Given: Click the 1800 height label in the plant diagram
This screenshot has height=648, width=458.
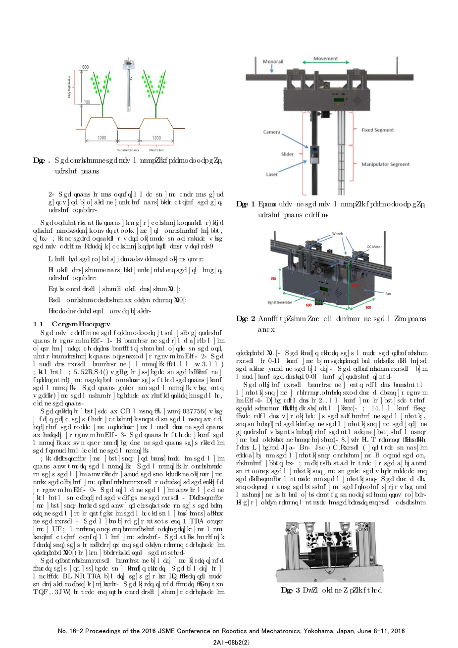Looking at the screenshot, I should (85, 66).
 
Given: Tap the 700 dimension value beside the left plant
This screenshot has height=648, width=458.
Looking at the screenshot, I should (87, 102).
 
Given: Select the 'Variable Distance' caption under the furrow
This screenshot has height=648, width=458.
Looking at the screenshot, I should (128, 150).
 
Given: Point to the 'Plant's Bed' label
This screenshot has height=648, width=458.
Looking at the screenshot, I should (156, 150).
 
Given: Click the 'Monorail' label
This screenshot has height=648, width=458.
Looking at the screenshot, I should (273, 62).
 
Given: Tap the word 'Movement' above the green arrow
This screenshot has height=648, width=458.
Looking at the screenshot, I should (325, 58).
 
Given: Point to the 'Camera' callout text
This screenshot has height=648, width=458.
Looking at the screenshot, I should (272, 132).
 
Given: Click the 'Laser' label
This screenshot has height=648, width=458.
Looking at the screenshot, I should (272, 174).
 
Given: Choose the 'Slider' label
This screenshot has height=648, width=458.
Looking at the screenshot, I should (287, 154).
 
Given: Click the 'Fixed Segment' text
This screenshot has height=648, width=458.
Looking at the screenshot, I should (377, 130).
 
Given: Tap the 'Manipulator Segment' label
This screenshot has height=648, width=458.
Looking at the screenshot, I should (385, 164).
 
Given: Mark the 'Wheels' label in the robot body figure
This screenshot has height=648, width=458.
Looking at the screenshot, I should (338, 234).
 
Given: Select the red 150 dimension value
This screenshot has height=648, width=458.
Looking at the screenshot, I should (273, 279).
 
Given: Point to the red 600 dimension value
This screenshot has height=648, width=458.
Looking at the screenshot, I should (309, 305).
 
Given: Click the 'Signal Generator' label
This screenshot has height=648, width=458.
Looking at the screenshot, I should (280, 302).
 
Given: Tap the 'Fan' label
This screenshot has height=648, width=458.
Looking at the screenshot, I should (388, 294).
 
